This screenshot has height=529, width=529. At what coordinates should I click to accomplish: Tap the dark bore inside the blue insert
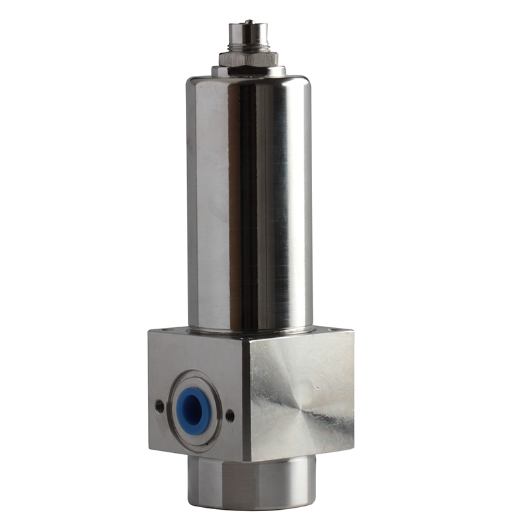pyautogui.click(x=194, y=405)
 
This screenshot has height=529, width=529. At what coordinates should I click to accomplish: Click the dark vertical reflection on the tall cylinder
pyautogui.click(x=247, y=198)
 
